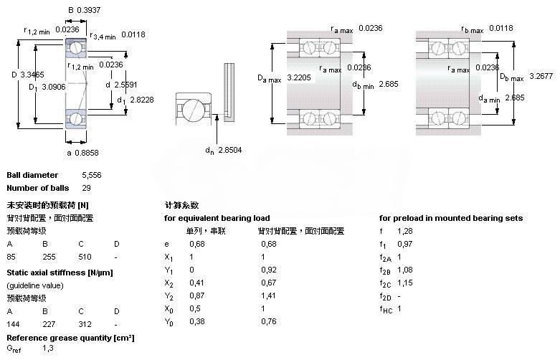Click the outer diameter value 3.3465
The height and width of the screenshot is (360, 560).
pyautogui.click(x=32, y=73)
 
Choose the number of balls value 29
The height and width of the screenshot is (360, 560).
pyautogui.click(x=87, y=188)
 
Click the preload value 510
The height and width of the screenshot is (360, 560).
pyautogui.click(x=84, y=255)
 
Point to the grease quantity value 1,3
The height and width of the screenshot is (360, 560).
pyautogui.click(x=48, y=348)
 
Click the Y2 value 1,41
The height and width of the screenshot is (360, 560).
pyautogui.click(x=268, y=296)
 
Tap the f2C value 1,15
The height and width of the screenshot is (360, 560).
pyautogui.click(x=406, y=283)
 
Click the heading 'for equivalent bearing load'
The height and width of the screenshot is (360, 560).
pyautogui.click(x=217, y=218)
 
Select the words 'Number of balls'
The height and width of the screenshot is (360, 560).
pyautogui.click(x=38, y=188)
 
